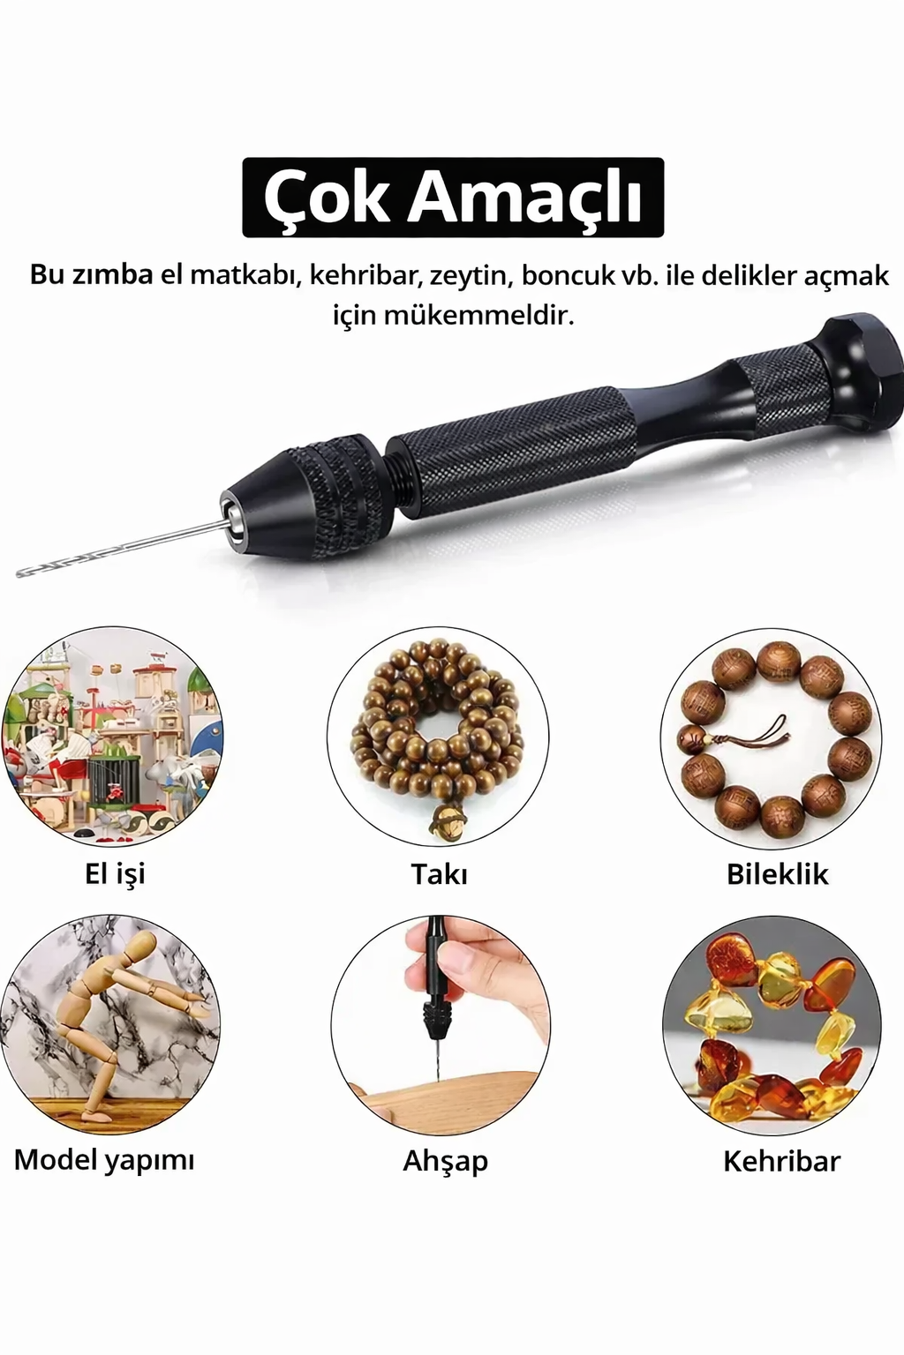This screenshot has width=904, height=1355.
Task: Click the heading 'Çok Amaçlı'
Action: coord(452,197)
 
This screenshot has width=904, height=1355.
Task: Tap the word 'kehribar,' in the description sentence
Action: coord(364,275)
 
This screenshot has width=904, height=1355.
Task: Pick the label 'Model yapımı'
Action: coord(104,1159)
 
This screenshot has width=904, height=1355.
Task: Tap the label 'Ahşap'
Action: coord(445,1160)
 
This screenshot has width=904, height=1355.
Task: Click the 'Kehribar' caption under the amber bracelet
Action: coord(781,1160)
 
